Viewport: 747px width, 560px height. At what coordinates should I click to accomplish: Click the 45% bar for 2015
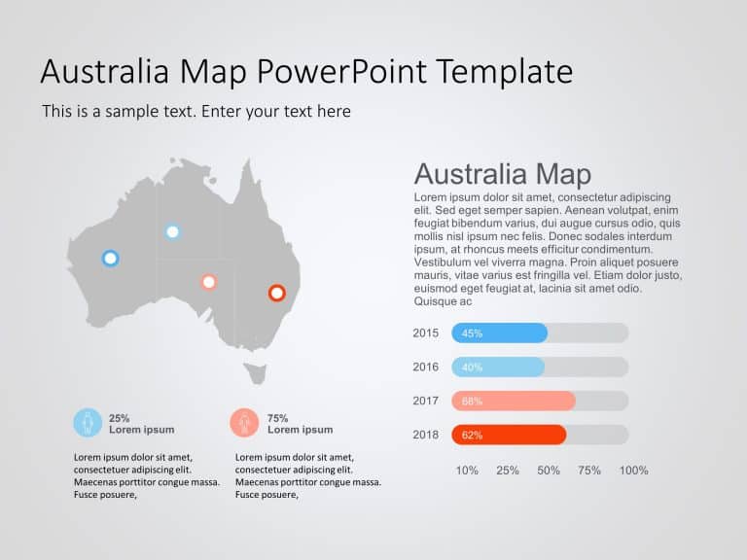pos(499,332)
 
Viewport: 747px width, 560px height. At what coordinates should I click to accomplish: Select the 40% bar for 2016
pos(497,367)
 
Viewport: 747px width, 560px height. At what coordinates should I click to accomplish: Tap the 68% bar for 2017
pos(513,401)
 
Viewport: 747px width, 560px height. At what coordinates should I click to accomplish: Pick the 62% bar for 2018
pos(508,435)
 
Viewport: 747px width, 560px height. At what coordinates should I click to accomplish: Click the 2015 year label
pos(426,332)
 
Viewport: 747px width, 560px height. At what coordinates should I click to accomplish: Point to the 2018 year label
pos(426,435)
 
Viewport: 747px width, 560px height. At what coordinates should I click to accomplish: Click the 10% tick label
pos(467,471)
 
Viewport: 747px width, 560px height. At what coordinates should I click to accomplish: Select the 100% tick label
pos(633,471)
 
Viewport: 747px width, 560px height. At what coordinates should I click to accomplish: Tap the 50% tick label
pos(549,471)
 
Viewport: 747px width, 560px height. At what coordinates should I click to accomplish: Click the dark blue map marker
pos(110,258)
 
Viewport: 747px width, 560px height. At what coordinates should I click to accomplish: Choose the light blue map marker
pos(172,231)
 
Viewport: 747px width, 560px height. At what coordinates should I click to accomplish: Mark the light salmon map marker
pos(208,282)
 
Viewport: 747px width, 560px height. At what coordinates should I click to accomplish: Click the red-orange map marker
pos(276,293)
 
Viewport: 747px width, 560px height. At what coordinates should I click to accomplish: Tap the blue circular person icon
pos(88,423)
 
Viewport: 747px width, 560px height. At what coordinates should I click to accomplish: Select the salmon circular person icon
pos(245,423)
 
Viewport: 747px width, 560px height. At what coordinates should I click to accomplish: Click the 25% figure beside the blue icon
pos(119,418)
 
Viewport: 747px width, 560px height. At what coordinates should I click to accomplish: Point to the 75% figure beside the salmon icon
pos(277,418)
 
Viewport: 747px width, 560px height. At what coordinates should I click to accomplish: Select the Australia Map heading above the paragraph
pos(502,174)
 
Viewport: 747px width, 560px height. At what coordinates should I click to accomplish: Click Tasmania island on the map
pos(256,372)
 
